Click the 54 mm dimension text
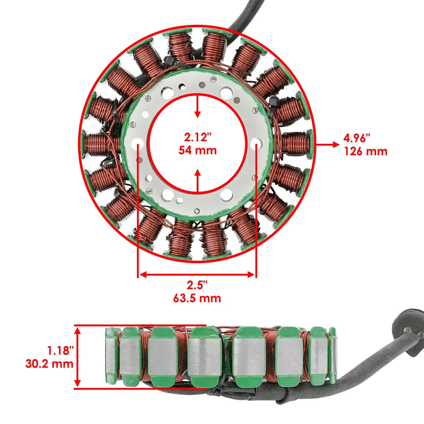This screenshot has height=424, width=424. pos(197,151)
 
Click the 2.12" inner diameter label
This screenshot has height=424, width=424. pos(197,138)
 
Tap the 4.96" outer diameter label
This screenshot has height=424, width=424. pos(357,138)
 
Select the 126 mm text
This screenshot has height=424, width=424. pos(366,151)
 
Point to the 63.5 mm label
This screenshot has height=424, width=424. pos(197,298)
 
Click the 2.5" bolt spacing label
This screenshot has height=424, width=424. pos(197,285)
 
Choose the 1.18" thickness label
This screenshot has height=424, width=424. pos(61,351)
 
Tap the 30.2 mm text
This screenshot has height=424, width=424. pos(50,364)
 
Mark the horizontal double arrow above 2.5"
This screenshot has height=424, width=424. pos(197,275)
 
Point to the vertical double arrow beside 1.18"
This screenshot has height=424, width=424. pos(77,357)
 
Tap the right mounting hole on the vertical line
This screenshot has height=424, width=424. pos(256,145)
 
